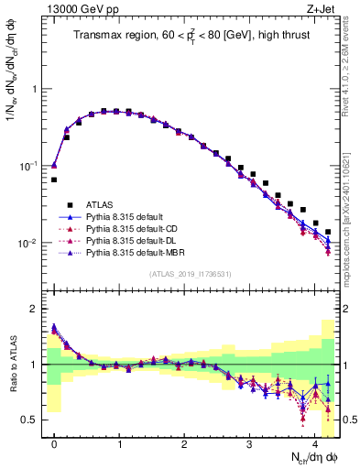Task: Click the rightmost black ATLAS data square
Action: (327, 233)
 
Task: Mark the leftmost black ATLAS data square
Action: (54, 180)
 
